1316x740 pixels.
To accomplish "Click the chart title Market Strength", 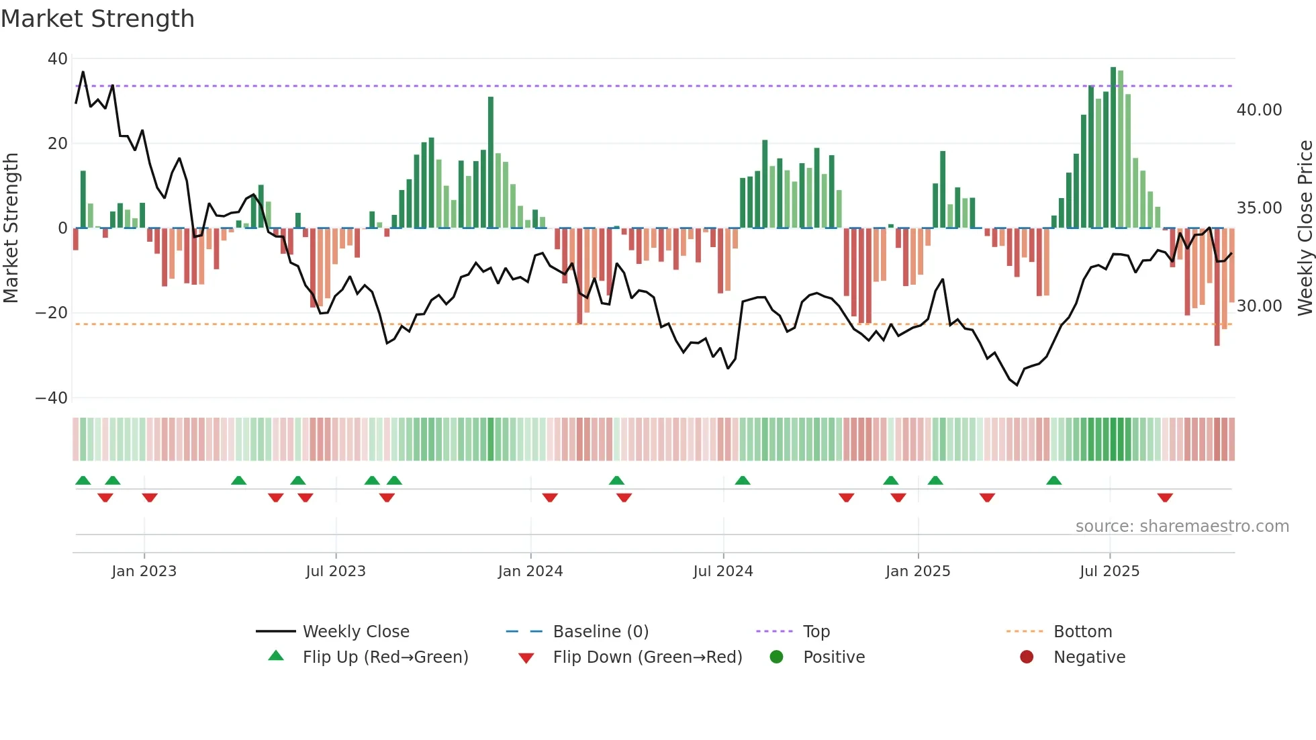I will click(97, 19).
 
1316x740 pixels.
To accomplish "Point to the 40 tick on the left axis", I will click(57, 59).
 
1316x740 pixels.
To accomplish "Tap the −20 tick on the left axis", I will click(52, 313).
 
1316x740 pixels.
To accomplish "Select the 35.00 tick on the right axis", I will click(1259, 208).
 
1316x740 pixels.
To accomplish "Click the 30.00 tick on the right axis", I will click(1259, 306).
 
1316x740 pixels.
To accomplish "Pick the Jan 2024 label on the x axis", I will click(530, 571).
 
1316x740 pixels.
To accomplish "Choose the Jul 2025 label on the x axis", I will click(1109, 571).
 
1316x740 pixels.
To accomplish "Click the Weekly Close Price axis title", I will click(1305, 228).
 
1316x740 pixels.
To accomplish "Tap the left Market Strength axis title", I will click(11, 228).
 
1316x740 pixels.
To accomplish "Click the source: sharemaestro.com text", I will click(1182, 526).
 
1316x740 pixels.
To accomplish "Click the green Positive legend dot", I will click(776, 657).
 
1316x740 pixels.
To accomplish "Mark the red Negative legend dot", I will click(1026, 657).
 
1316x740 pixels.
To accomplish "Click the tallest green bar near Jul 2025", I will click(1113, 148).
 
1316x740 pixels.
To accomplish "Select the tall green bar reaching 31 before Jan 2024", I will click(491, 163).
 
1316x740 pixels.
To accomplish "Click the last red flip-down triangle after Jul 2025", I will click(1165, 498).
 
